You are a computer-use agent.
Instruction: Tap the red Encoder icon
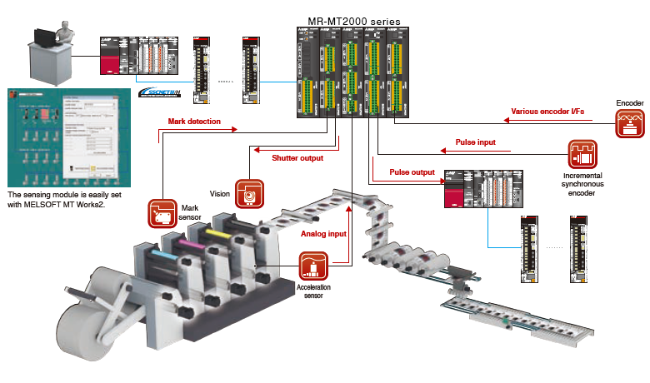tap(630, 124)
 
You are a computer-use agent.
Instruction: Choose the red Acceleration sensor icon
tap(314, 266)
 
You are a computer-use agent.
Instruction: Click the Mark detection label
tap(194, 122)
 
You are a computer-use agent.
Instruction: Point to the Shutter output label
tap(298, 157)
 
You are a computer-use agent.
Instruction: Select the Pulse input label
tap(475, 142)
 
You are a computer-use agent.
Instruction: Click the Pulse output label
tap(412, 172)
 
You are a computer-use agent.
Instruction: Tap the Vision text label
tap(219, 193)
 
